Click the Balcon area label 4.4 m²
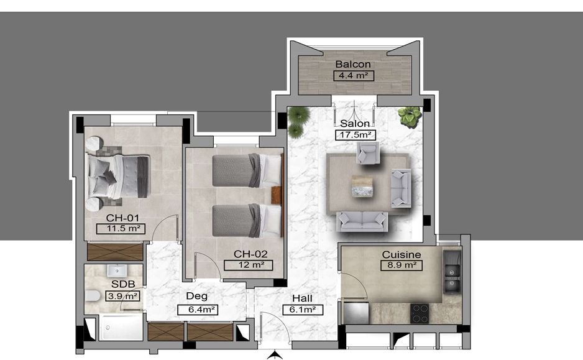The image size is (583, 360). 353,76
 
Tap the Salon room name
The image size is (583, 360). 355,124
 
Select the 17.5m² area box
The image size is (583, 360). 355,135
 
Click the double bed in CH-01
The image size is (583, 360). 118,177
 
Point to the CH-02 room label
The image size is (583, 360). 250,254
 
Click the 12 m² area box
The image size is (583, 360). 248,265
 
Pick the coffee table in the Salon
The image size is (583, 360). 362,187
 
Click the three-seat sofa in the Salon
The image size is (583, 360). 362,221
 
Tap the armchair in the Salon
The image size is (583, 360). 368,152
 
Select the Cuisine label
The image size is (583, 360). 402,255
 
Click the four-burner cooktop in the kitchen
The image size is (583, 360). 420,313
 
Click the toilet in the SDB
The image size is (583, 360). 93,296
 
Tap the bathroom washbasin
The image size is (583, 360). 117,270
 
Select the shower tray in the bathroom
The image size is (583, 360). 121,328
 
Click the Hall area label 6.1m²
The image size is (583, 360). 303,310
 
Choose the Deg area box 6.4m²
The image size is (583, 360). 198,310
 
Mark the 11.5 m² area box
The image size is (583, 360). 121,229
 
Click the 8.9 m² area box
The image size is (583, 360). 401,265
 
